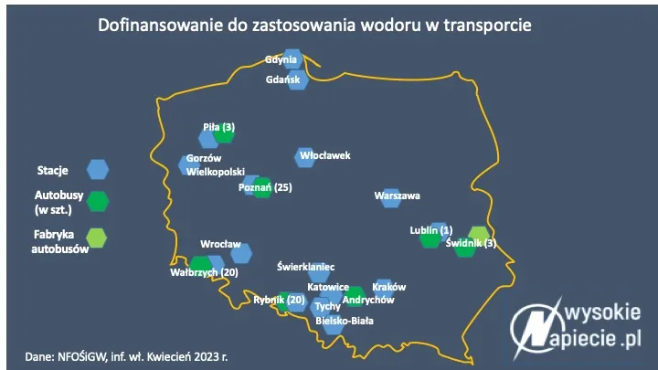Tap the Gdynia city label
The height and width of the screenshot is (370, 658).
click(x=281, y=60)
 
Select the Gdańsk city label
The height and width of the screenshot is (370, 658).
click(x=282, y=79)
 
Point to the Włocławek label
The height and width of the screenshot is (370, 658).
click(x=324, y=155)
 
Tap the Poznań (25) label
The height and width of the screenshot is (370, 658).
click(x=264, y=187)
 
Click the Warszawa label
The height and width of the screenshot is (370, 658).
click(x=397, y=196)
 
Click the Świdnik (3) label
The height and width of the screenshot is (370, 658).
click(x=477, y=243)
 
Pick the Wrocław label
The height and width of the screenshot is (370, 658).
click(x=220, y=244)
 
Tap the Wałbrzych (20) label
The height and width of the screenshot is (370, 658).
click(x=204, y=272)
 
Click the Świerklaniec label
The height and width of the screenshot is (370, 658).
click(x=305, y=267)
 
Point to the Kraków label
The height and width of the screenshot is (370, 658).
click(x=389, y=286)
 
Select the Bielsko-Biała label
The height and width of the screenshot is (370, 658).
click(x=344, y=321)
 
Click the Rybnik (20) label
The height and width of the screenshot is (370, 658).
click(x=280, y=300)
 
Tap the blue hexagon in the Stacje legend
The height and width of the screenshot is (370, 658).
click(x=97, y=169)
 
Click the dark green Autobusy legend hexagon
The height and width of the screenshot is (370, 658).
click(x=97, y=202)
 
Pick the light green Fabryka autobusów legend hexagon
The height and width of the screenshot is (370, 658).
click(x=97, y=238)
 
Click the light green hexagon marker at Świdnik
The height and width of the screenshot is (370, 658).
click(x=478, y=234)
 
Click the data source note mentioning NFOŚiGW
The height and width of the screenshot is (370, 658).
click(x=126, y=355)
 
